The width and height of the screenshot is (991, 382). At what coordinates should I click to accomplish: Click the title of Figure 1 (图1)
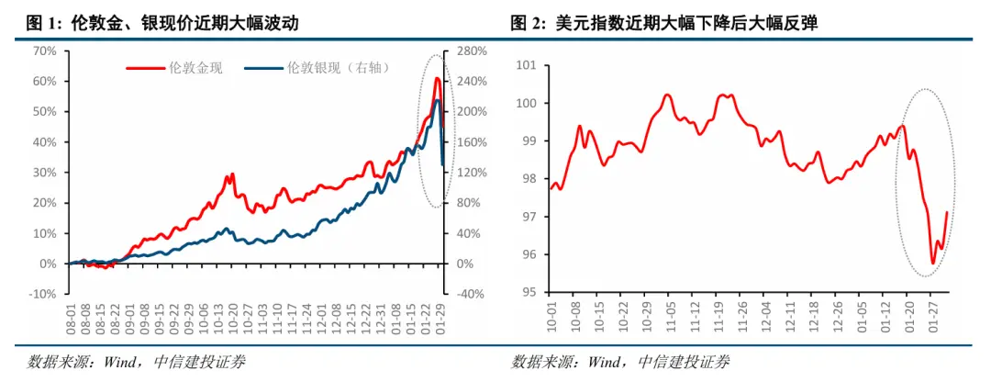pos(161,24)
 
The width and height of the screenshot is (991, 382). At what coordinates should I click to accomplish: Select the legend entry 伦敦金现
pos(173,67)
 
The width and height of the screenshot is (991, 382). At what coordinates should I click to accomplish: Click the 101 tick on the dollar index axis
pos(526,65)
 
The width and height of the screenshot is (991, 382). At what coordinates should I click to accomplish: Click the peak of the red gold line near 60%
pos(437,80)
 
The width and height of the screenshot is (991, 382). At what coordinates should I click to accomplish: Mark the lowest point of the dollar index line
pos(933,264)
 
